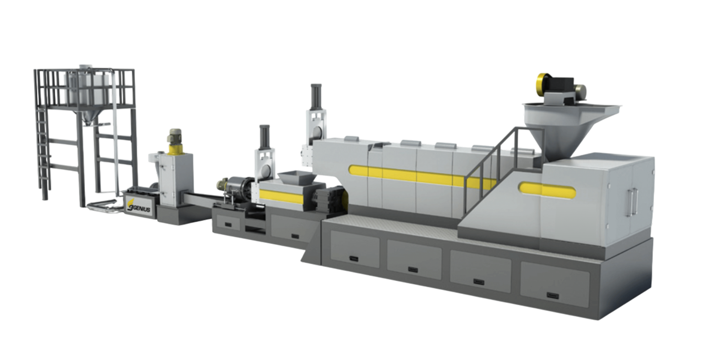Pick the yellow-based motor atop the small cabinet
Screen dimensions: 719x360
tap(174, 141)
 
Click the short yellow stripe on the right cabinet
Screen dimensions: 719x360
tap(547, 190)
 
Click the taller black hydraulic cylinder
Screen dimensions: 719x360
tap(316, 97)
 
